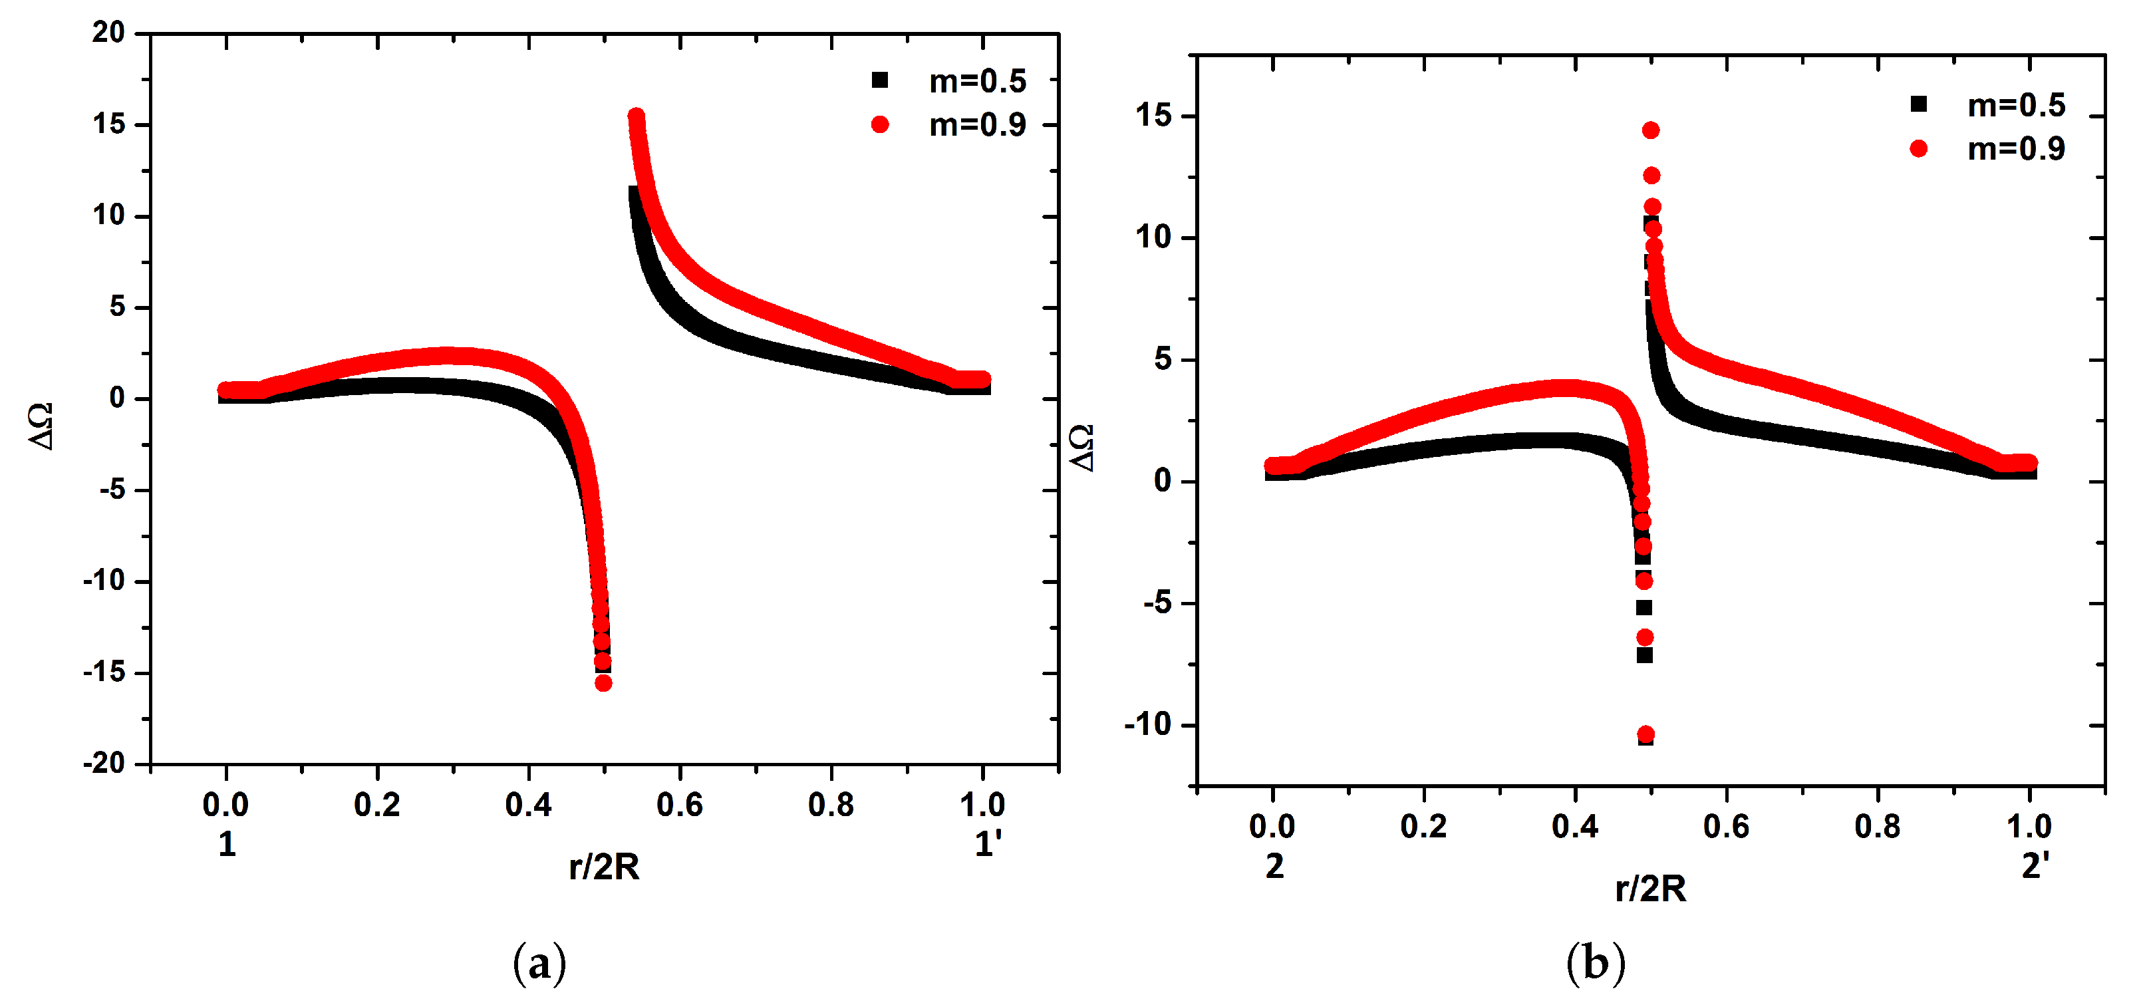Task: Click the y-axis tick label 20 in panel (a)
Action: pos(108,33)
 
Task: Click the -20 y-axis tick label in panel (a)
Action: pos(104,762)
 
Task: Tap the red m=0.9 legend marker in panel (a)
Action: pos(879,124)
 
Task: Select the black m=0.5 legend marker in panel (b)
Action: pos(1918,104)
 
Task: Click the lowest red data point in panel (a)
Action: pos(603,683)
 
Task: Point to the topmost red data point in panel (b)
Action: pos(1651,130)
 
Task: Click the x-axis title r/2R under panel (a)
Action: pos(604,867)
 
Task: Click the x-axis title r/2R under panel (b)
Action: pos(1651,889)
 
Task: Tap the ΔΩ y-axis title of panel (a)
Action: pos(41,426)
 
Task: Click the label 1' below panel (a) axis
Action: pos(988,845)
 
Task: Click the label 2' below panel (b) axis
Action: pos(2035,866)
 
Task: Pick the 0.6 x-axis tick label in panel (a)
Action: pos(679,805)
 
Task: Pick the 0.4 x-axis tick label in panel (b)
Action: pos(1574,826)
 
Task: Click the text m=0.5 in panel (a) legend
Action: pos(978,80)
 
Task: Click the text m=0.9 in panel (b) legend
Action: pos(2017,149)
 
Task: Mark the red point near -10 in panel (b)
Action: pos(1645,734)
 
